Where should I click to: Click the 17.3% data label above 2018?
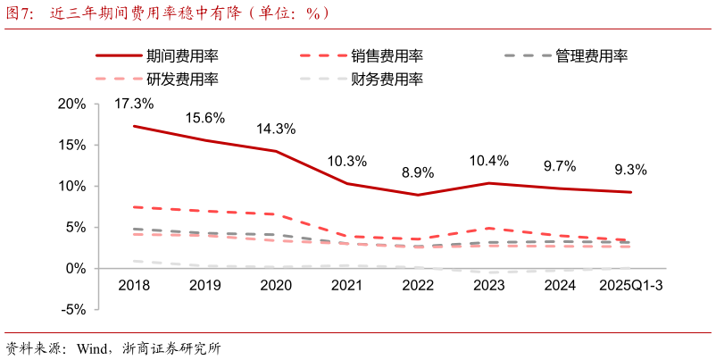[134, 104]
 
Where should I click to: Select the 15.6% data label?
[204, 118]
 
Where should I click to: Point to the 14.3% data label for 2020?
[276, 129]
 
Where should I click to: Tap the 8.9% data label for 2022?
[418, 172]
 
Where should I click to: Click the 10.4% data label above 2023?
[488, 161]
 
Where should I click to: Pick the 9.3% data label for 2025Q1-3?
[630, 169]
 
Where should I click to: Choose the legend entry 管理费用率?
[591, 56]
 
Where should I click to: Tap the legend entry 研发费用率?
[182, 80]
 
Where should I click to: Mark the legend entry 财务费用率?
[387, 80]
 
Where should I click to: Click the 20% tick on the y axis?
[71, 104]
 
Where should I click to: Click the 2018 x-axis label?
[134, 285]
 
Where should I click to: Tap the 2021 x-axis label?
[346, 285]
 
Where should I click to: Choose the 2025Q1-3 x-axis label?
[630, 285]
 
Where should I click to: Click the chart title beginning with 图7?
[170, 13]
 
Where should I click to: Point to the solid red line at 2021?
[346, 184]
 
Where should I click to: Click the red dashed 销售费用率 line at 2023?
[488, 229]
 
